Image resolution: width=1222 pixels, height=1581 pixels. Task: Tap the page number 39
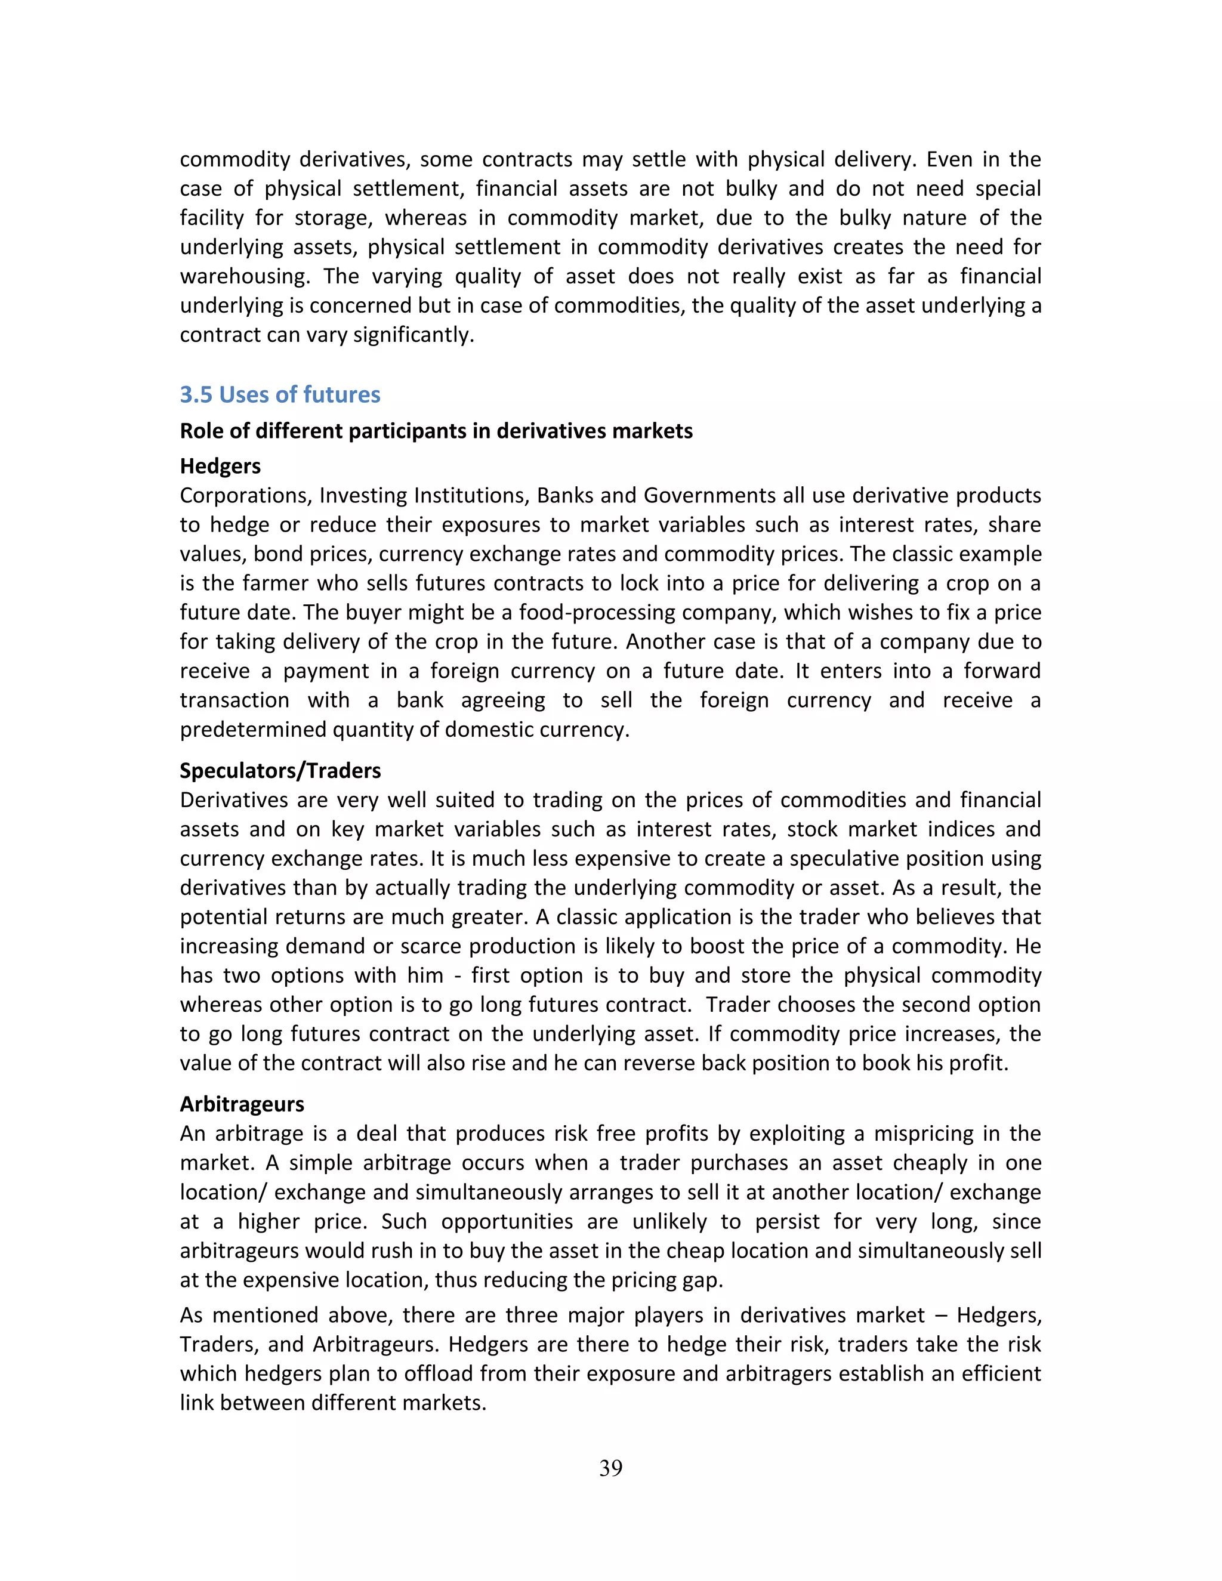(610, 1468)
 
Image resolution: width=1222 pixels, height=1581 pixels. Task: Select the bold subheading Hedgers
(220, 465)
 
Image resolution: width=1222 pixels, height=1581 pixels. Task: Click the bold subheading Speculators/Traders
(280, 770)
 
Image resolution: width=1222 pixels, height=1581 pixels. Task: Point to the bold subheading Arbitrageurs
(242, 1104)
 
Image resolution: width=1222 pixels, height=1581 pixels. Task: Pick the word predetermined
(254, 729)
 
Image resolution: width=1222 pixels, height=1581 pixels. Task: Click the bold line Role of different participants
(436, 431)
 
